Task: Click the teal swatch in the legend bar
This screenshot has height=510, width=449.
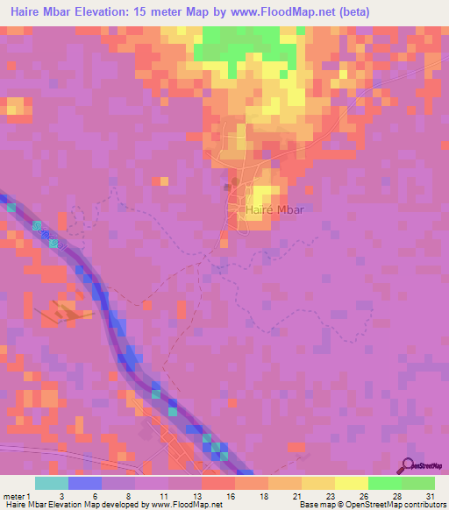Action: [x=52, y=483]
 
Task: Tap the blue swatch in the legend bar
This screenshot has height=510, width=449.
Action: [x=85, y=483]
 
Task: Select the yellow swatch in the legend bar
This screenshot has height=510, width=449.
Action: [x=351, y=483]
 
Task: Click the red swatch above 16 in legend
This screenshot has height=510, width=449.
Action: [x=218, y=483]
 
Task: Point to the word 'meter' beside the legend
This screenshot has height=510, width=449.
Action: [x=14, y=495]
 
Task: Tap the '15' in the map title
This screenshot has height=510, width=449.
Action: [x=152, y=11]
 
